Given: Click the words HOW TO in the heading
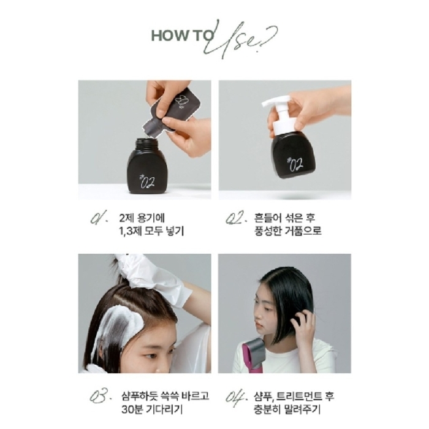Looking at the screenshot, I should tap(175, 36).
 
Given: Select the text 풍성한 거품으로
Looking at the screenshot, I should tap(287, 231).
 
